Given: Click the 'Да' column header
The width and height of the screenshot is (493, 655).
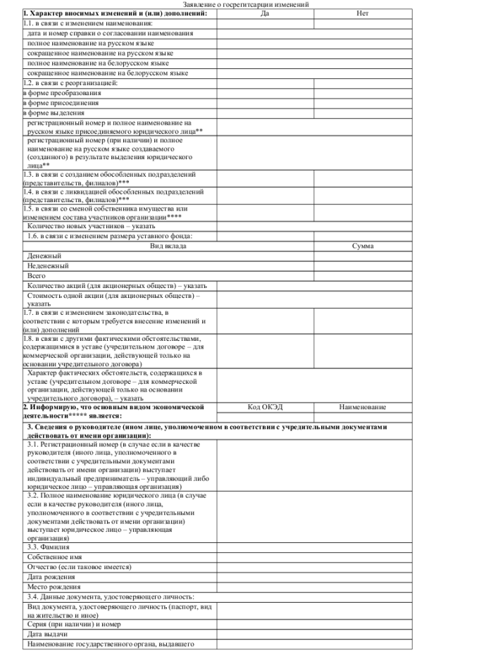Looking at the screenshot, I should [264, 13].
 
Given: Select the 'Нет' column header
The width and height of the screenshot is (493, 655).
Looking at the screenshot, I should [363, 13].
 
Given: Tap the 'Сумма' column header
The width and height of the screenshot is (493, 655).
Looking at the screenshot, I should [363, 247].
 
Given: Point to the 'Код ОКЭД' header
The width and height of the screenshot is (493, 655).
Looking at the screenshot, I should [264, 407].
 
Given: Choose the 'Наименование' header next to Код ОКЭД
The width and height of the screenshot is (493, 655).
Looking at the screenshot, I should [363, 407].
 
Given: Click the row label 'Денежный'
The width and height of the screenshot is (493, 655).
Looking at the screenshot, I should [44, 256].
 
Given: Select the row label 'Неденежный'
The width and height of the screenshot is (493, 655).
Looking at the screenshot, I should [48, 266].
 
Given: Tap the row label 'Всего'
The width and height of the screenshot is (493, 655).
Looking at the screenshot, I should [37, 276].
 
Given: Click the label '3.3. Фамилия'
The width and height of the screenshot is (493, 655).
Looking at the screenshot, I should [47, 547].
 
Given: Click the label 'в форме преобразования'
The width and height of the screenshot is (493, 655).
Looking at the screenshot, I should [62, 92].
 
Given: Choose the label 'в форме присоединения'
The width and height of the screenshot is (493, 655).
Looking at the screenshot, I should [63, 102].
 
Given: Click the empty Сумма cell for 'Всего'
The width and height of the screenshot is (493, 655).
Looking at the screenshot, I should [363, 276].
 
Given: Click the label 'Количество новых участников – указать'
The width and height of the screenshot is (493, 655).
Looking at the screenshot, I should [91, 227].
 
